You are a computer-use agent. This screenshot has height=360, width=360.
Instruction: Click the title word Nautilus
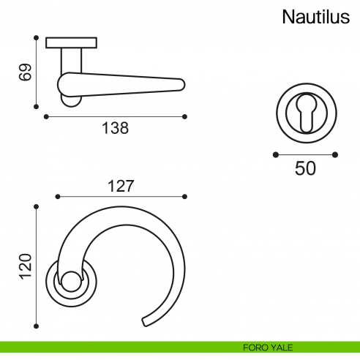[315, 18]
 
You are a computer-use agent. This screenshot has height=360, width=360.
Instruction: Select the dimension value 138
[115, 128]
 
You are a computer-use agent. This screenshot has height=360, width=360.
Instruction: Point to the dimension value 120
[25, 266]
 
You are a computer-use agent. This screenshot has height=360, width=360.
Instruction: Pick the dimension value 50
[305, 168]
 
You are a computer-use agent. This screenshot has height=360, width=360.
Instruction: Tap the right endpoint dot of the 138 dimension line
[186, 116]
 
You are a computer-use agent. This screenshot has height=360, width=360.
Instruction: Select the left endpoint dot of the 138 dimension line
[45, 116]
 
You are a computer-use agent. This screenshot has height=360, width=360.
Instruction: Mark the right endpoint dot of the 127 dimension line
[184, 196]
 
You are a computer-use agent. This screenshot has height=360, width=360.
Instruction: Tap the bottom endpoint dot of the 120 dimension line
[36, 326]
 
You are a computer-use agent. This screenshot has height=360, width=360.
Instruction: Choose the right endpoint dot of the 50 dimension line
[335, 154]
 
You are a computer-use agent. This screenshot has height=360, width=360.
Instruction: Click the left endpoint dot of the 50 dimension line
[275, 154]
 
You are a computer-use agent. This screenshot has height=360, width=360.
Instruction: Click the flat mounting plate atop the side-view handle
[71, 43]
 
